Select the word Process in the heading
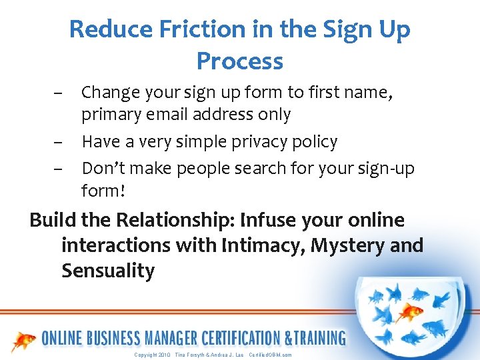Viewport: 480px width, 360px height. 240,61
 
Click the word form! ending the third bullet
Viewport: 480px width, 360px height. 103,191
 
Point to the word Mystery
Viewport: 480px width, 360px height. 347,245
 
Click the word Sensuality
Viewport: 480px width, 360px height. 108,271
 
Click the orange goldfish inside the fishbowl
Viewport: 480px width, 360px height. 409,311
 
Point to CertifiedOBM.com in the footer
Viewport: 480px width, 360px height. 270,355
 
